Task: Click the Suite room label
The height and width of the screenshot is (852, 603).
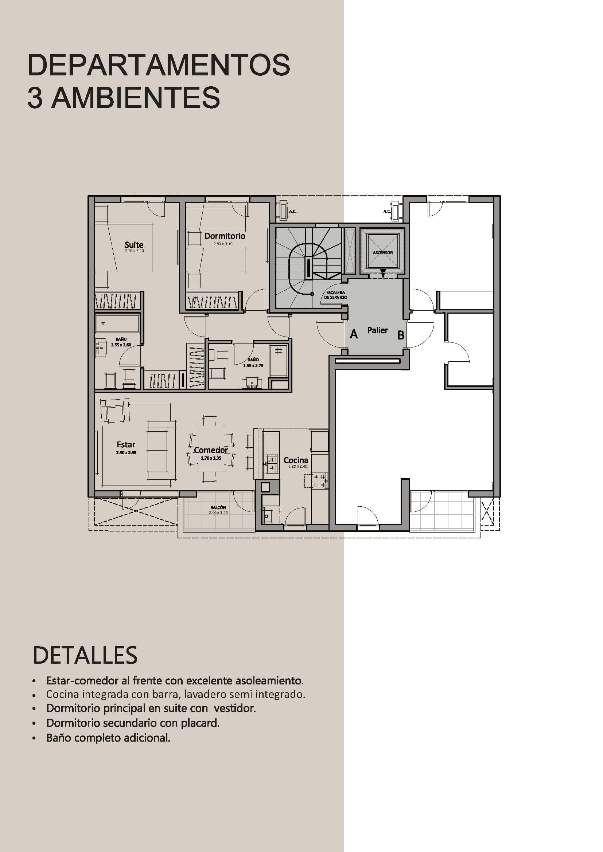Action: pos(134,245)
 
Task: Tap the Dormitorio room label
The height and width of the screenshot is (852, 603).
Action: pos(225,236)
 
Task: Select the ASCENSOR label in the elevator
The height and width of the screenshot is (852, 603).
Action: pos(382,253)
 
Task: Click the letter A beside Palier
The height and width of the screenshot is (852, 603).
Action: pos(354,335)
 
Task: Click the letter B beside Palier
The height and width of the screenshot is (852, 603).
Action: pos(401,335)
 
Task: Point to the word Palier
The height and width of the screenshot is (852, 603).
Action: pos(377,330)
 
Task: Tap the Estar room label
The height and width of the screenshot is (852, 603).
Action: pos(126,444)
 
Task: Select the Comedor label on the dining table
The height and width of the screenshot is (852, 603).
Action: pos(211,450)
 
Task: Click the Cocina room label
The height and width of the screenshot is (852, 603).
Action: pos(296,460)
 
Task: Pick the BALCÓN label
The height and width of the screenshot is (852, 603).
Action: pos(218,508)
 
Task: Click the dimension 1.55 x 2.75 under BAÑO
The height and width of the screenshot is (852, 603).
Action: pos(253,365)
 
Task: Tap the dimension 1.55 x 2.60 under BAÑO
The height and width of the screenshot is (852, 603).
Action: pos(121,345)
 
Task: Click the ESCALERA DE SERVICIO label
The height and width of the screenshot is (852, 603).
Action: pos(335,295)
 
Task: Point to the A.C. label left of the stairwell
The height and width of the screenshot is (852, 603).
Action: pos(293,212)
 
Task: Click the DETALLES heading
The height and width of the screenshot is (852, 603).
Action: pos(85,666)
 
